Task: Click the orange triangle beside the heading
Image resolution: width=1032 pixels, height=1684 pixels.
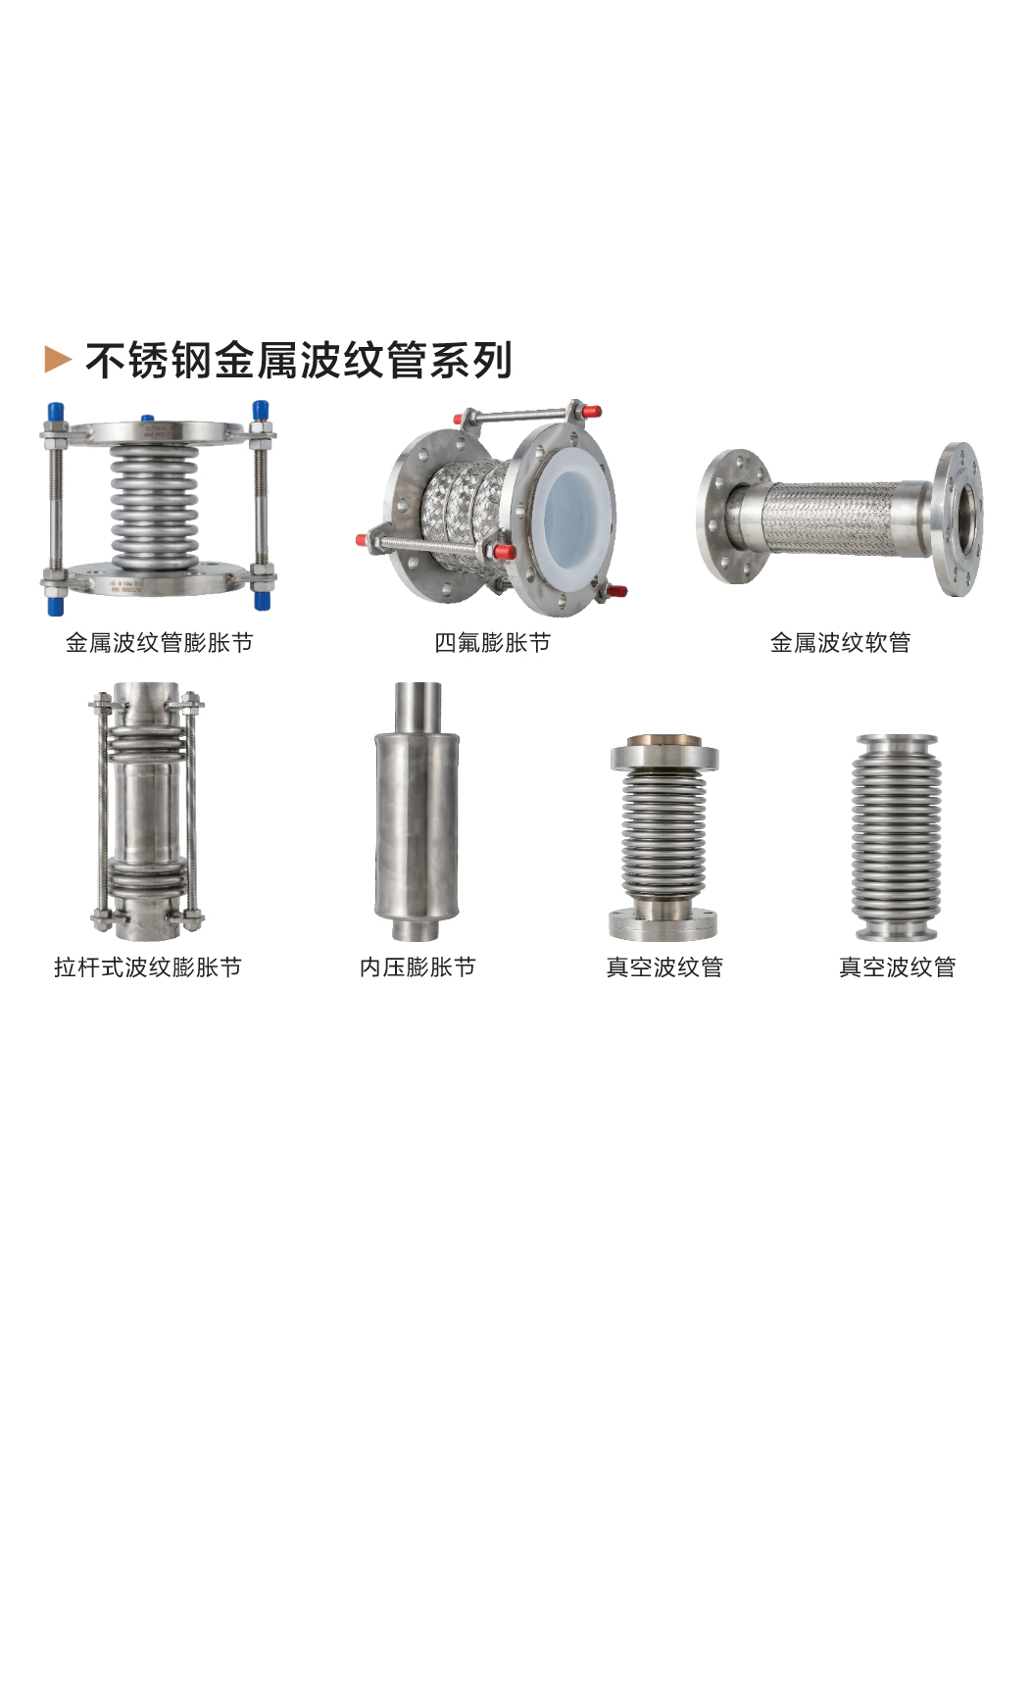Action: coord(58,360)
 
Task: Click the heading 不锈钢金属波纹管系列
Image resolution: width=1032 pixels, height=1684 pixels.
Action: coord(299,360)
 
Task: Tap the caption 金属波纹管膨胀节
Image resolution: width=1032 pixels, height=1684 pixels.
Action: coord(160,642)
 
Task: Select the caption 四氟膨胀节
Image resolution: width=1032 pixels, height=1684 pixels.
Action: coord(493,642)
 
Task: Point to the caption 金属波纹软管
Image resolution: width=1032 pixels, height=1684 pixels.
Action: coord(841,642)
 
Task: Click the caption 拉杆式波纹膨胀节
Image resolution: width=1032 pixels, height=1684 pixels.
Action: coord(148,966)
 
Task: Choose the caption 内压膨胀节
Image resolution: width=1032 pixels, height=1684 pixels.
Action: coord(418,966)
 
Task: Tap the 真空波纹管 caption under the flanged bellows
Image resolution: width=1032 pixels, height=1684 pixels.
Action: coord(664,966)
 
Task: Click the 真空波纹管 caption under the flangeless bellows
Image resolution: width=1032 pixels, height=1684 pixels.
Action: coord(897,966)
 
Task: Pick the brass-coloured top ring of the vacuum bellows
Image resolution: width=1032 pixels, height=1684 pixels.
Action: coord(664,741)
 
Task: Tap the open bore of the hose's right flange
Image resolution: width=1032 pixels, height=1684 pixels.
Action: coord(965,519)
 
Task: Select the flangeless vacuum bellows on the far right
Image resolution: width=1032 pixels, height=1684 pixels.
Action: coord(897,837)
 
